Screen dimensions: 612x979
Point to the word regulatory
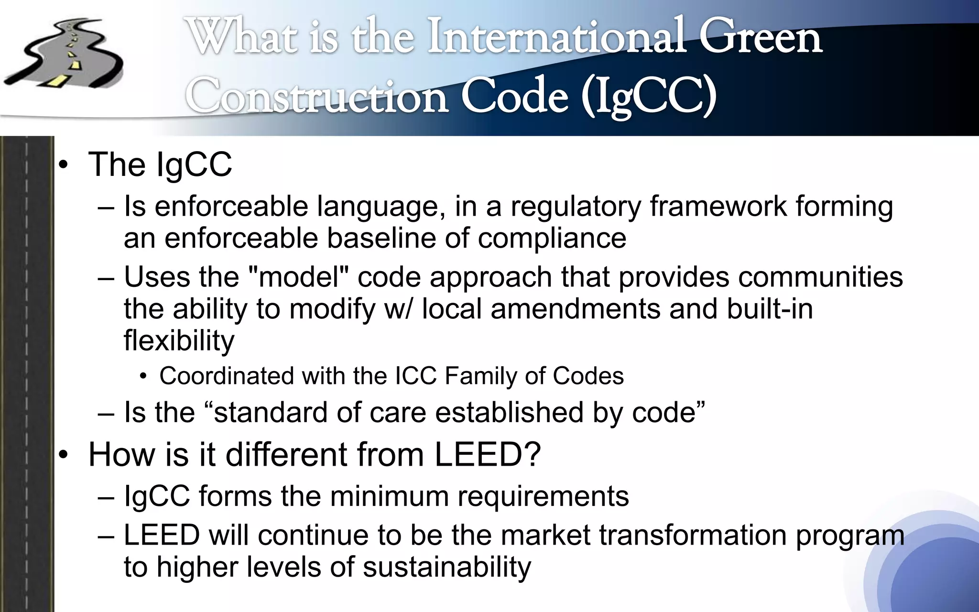coord(576,207)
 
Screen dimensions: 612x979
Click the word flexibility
coord(179,340)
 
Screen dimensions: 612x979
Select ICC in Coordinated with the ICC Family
coord(416,376)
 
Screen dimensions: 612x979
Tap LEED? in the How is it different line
coord(487,454)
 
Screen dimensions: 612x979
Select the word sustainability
coord(446,567)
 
